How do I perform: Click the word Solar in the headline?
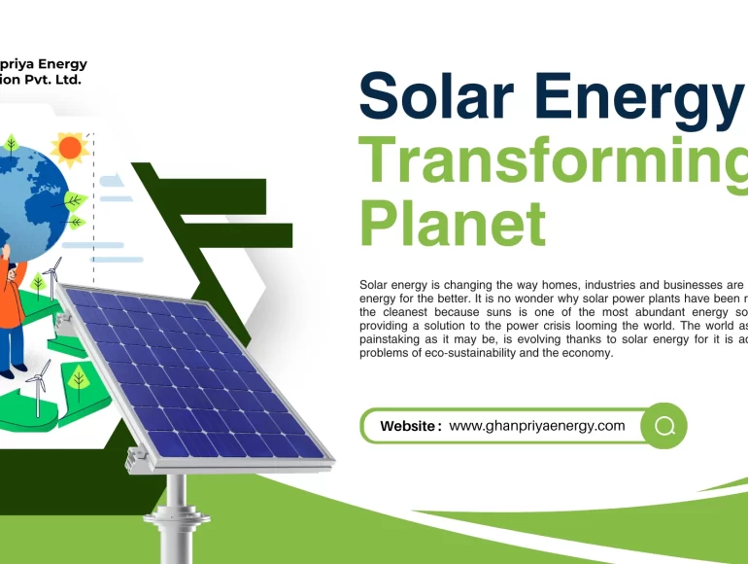(x=433, y=97)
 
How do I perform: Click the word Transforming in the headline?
(x=554, y=160)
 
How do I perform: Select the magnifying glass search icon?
(x=664, y=426)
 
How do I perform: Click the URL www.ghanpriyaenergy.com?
(x=537, y=426)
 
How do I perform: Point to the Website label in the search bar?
(x=410, y=426)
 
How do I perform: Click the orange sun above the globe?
(x=69, y=148)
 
